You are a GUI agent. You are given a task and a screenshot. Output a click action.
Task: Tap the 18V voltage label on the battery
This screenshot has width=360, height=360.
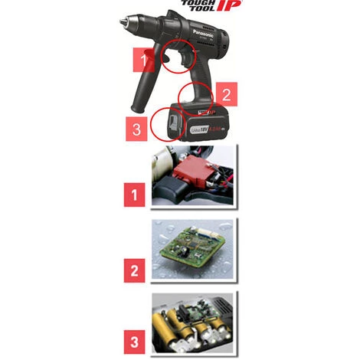202,122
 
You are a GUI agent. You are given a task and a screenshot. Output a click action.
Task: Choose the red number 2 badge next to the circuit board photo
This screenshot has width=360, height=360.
135,269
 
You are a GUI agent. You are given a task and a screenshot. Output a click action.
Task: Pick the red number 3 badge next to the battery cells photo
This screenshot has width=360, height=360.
135,338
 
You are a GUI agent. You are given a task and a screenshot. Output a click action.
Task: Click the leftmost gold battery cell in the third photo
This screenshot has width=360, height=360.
163,323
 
